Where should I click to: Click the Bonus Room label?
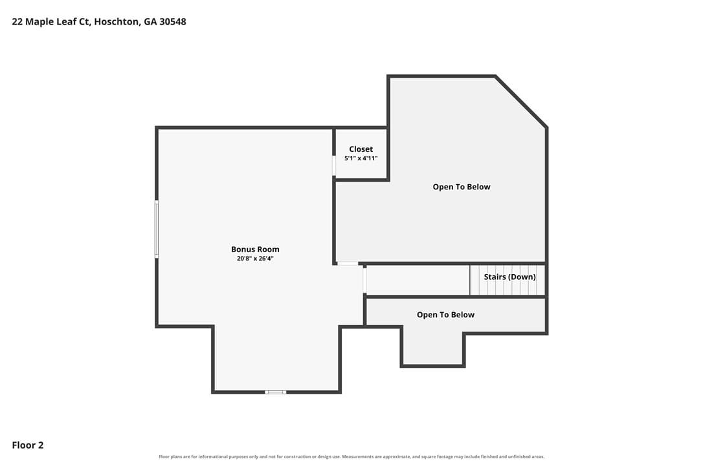pyautogui.click(x=255, y=250)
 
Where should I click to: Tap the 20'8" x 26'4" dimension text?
pyautogui.click(x=255, y=259)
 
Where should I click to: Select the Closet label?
pyautogui.click(x=361, y=149)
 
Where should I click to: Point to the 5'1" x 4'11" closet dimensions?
pyautogui.click(x=361, y=158)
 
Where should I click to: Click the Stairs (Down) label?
pyautogui.click(x=509, y=277)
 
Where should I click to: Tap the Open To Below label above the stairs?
pyautogui.click(x=462, y=187)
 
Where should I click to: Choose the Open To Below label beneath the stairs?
pyautogui.click(x=445, y=315)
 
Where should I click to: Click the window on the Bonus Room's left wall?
pyautogui.click(x=157, y=229)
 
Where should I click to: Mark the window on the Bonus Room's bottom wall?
pyautogui.click(x=275, y=392)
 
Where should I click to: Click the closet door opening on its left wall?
pyautogui.click(x=334, y=165)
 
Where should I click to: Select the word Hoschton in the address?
pyautogui.click(x=117, y=21)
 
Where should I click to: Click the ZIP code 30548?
pyautogui.click(x=173, y=21)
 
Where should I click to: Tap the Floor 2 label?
pyautogui.click(x=28, y=445)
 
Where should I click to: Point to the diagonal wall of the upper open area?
pyautogui.click(x=521, y=102)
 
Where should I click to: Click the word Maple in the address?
pyautogui.click(x=39, y=22)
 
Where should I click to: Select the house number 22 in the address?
pyautogui.click(x=17, y=21)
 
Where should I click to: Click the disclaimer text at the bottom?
pyautogui.click(x=351, y=457)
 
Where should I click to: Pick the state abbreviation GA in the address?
pyautogui.click(x=150, y=21)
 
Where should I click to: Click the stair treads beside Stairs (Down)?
pyautogui.click(x=507, y=280)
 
